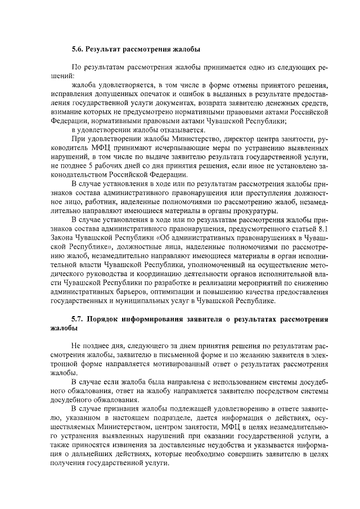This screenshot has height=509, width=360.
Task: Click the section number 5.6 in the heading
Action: pyautogui.click(x=79, y=49)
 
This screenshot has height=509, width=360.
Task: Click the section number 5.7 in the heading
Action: pyautogui.click(x=79, y=319)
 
